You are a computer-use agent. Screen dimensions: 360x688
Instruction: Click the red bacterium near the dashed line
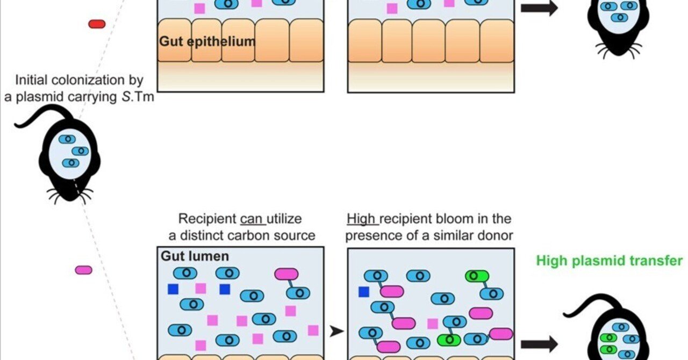(x=97, y=24)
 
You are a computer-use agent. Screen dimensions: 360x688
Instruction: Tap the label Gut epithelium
(x=207, y=41)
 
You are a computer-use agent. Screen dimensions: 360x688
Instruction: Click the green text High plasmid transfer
(x=609, y=261)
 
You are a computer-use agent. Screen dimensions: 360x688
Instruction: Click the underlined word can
(x=252, y=219)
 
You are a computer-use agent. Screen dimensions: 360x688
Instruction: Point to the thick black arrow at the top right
(x=539, y=9)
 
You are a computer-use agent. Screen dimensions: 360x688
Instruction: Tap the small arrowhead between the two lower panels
(x=336, y=332)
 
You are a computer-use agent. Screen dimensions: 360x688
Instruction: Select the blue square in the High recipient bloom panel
(x=364, y=292)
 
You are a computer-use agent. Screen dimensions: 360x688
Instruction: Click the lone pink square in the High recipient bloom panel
(x=433, y=323)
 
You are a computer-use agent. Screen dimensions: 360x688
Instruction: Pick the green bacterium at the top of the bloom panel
(x=477, y=276)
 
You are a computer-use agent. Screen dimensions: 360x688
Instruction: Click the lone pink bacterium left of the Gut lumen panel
(x=83, y=270)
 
